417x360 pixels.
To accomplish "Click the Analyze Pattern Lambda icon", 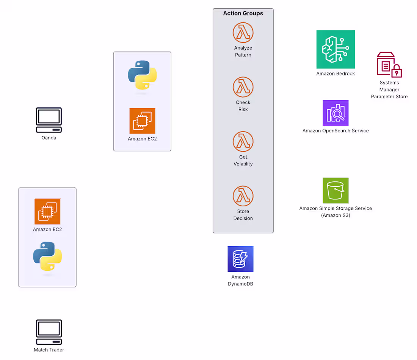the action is (243, 33).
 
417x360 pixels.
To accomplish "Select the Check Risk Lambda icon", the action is (243, 87).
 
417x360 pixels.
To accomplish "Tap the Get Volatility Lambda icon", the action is (243, 141).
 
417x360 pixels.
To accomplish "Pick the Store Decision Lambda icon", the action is (243, 196).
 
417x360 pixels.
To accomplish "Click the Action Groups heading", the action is (243, 13).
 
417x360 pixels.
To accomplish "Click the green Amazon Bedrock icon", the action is (335, 49).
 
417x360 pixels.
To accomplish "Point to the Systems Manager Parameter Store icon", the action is (389, 64).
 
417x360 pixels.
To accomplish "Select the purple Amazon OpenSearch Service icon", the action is (335, 113).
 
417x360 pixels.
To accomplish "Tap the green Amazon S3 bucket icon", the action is (335, 190).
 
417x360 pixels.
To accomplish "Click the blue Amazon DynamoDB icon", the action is (240, 259).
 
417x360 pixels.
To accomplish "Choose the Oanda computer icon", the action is (49, 120).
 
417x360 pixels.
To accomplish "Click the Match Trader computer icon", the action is (49, 332).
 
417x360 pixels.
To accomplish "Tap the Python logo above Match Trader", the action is (47, 256).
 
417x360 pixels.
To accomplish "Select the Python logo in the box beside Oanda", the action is (142, 75).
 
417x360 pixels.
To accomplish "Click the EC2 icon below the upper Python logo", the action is (142, 121).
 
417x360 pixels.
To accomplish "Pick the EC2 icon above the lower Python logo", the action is (47, 212).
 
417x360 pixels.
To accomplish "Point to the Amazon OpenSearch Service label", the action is (335, 130).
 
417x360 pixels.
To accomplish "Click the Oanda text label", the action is (49, 138).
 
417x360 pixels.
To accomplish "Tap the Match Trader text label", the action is (49, 350).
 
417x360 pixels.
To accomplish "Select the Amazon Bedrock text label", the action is (335, 74).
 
